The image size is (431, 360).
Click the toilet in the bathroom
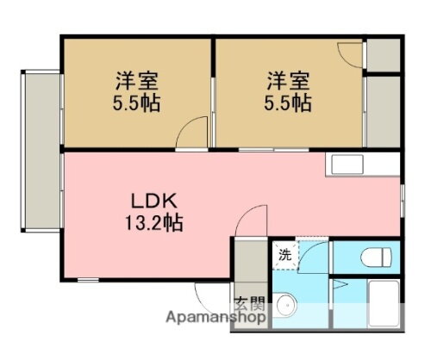(375, 256)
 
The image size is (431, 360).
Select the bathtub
(381, 303)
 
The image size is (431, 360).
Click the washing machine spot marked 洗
(284, 255)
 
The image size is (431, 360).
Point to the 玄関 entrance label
(249, 303)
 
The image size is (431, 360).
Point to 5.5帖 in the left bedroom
(139, 103)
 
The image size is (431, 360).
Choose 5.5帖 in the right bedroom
(288, 103)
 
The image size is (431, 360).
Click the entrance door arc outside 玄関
(215, 297)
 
